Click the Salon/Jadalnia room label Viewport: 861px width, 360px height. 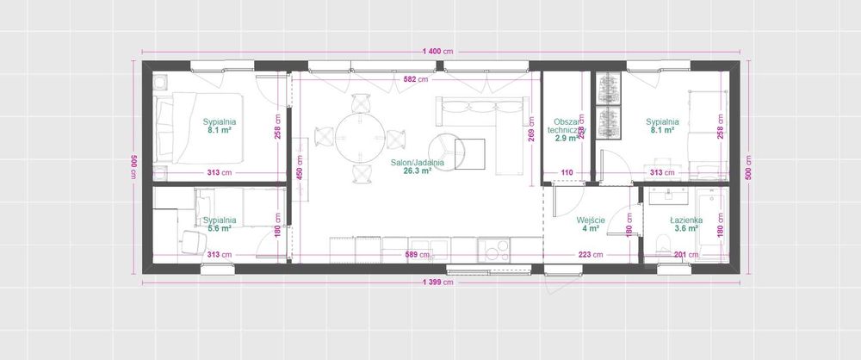coord(417,162)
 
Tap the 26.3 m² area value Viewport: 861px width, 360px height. coord(417,171)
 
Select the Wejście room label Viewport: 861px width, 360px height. coord(590,220)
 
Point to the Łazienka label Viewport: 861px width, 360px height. coord(687,220)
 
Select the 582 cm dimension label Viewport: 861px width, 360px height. coord(416,80)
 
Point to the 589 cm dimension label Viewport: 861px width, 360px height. coord(417,254)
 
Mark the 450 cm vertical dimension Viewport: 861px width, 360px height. coord(300,170)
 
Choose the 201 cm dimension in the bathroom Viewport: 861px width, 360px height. coord(686,254)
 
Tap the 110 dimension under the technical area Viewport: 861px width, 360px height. coord(567,173)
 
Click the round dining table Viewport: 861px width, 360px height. coord(359,138)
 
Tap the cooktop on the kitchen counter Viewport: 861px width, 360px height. coord(496,251)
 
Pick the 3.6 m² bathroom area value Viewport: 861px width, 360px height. coord(687,229)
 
